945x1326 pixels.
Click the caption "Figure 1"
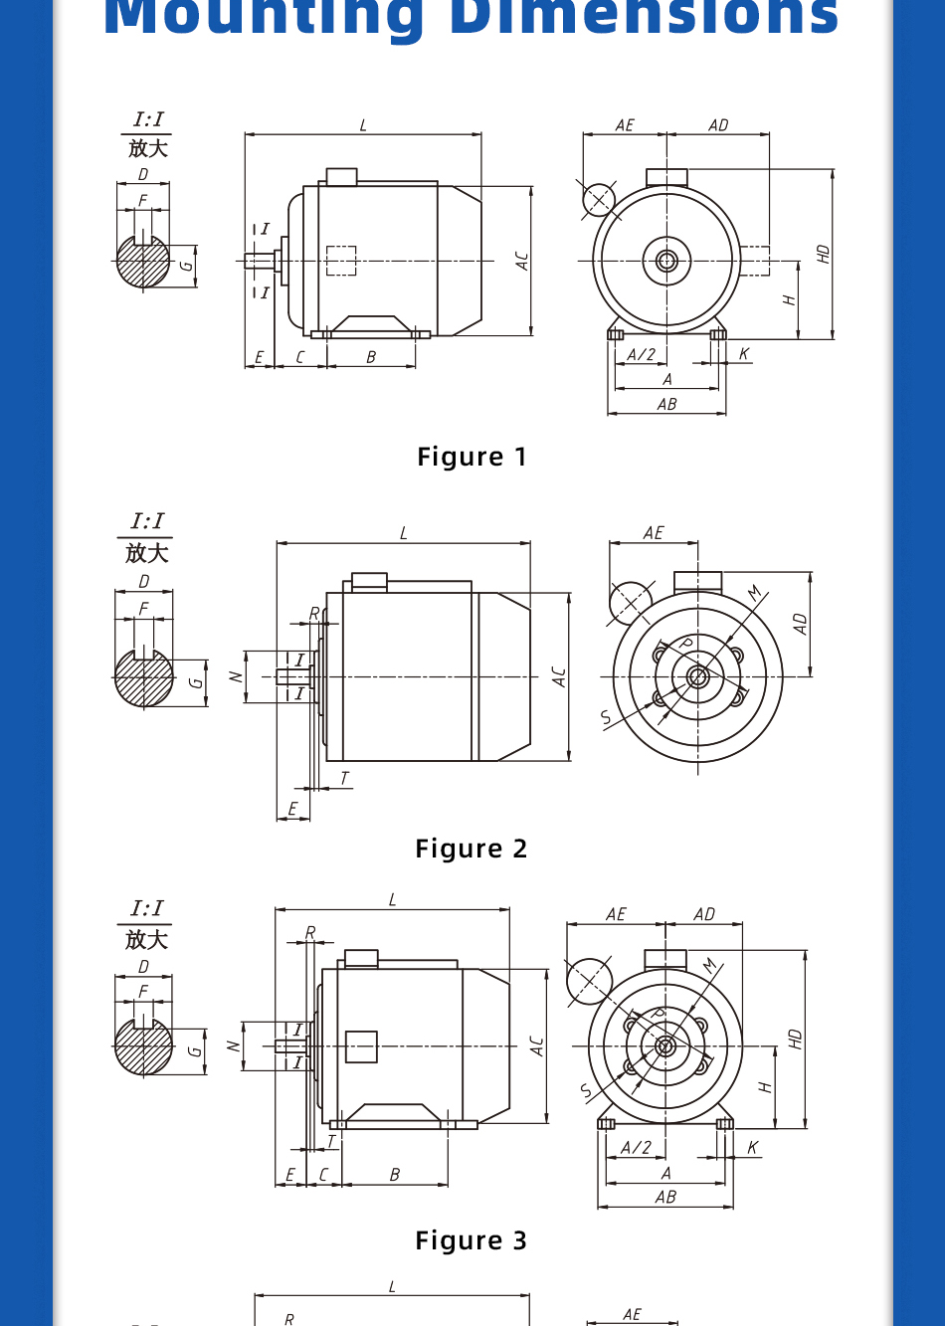[472, 457]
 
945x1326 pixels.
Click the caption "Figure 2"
[472, 849]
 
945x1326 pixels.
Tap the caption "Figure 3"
[472, 1240]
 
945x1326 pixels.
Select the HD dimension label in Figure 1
[823, 254]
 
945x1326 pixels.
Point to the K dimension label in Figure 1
[744, 354]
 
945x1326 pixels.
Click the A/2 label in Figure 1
[642, 354]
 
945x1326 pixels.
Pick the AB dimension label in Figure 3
[665, 1198]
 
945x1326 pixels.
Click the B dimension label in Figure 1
[371, 357]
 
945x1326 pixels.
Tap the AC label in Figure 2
[559, 676]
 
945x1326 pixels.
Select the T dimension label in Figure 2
[344, 778]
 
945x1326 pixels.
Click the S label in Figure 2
[606, 717]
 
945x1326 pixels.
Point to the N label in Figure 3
[233, 1046]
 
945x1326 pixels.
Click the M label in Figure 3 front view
[710, 966]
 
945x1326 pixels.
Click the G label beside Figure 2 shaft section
[196, 682]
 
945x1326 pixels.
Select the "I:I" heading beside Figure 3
[146, 908]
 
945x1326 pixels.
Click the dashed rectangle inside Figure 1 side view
[341, 261]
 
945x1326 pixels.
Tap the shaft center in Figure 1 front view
[666, 261]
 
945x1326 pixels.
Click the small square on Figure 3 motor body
[361, 1046]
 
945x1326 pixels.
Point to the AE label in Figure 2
[654, 533]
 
